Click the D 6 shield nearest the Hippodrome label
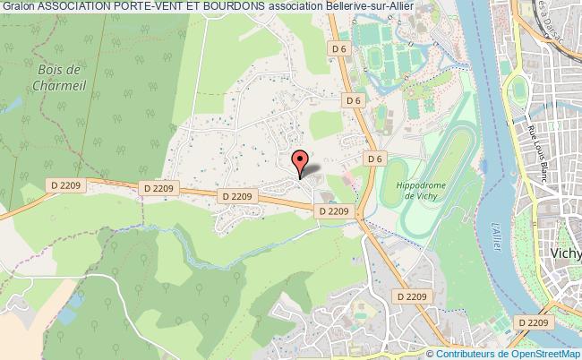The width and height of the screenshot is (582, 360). [x=375, y=159]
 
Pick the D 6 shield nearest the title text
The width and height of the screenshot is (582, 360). [x=338, y=47]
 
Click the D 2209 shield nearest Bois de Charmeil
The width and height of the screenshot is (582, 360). [x=64, y=184]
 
